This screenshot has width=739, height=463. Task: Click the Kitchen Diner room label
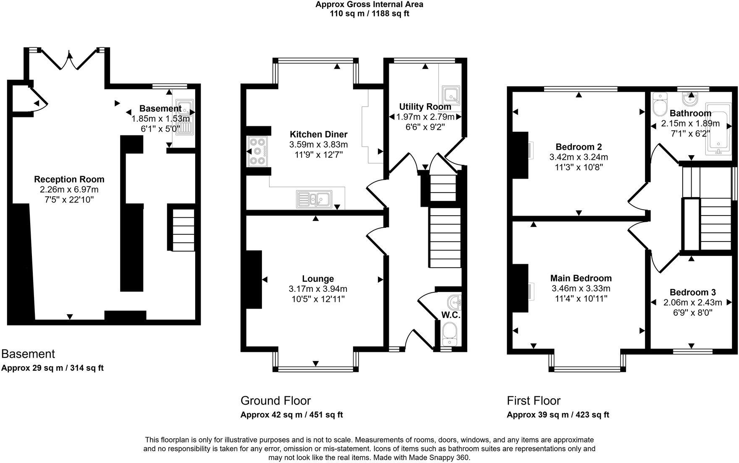click(318, 134)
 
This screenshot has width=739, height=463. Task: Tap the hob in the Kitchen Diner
click(257, 151)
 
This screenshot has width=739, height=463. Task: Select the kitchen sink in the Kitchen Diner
click(314, 199)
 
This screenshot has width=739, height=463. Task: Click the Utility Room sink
click(451, 95)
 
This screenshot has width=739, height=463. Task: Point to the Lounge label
click(318, 279)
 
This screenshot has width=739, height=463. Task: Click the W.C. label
click(451, 315)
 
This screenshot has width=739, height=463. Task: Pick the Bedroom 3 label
click(692, 292)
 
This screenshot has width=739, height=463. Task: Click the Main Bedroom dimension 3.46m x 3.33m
click(581, 289)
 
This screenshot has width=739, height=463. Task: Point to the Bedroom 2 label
click(578, 147)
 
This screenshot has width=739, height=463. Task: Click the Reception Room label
click(69, 179)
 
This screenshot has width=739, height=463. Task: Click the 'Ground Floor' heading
click(275, 401)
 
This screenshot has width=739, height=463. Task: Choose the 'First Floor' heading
click(533, 401)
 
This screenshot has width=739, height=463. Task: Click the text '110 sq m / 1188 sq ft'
click(369, 13)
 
